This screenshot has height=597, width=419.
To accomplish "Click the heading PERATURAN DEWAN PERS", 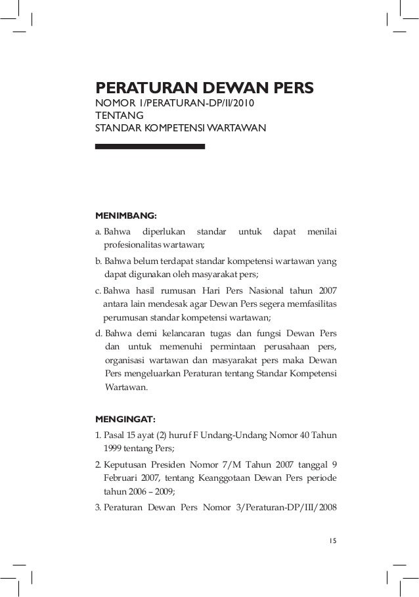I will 205,88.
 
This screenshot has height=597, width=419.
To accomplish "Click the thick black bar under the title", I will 150,146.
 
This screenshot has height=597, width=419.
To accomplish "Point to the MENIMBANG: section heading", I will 126,215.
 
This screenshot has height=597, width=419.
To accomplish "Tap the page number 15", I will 332,540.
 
